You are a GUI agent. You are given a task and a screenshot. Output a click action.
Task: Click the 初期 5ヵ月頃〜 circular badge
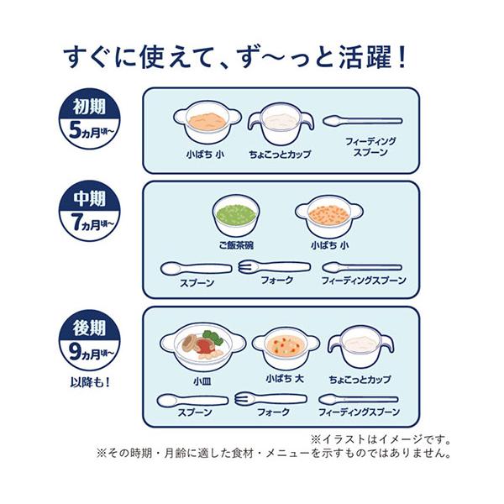[89, 119]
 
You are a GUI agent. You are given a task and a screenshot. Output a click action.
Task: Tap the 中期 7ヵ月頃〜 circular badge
[89, 211]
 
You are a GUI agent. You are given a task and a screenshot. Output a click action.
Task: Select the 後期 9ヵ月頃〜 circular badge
[89, 339]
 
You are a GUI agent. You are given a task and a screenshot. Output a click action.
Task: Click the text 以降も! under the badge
[90, 383]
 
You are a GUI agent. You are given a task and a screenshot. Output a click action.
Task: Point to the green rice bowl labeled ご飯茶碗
[236, 217]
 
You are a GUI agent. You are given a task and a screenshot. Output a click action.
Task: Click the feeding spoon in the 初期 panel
[362, 121]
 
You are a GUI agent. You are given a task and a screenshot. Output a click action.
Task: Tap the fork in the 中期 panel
[275, 266]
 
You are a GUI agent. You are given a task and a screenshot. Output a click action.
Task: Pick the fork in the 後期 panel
[270, 399]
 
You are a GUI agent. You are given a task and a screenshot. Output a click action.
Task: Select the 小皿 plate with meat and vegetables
[202, 348]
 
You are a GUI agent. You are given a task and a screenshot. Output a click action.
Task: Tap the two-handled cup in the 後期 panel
[360, 348]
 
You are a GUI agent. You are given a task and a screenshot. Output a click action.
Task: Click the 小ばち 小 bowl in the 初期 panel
[207, 123]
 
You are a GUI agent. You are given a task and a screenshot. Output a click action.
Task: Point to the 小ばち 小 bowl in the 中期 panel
[329, 217]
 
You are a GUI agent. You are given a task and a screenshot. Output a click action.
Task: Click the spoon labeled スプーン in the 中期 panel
[197, 269]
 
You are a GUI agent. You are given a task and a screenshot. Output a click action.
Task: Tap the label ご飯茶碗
[236, 245]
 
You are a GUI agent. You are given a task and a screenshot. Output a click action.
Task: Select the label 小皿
[202, 381]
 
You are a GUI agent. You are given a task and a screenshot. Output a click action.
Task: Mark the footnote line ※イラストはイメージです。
[381, 439]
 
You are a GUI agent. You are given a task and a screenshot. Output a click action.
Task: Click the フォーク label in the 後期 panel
[274, 412]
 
